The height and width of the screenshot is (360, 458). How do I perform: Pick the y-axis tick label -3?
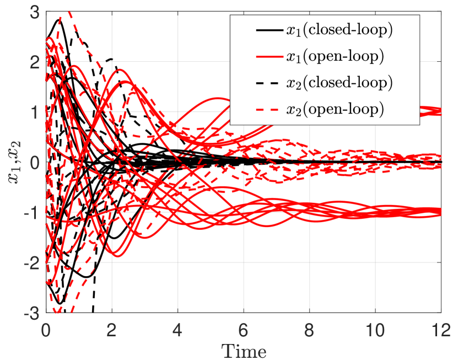(30, 313)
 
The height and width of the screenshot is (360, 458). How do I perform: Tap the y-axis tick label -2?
(30, 262)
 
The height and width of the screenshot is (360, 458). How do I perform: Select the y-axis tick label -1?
(30, 212)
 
